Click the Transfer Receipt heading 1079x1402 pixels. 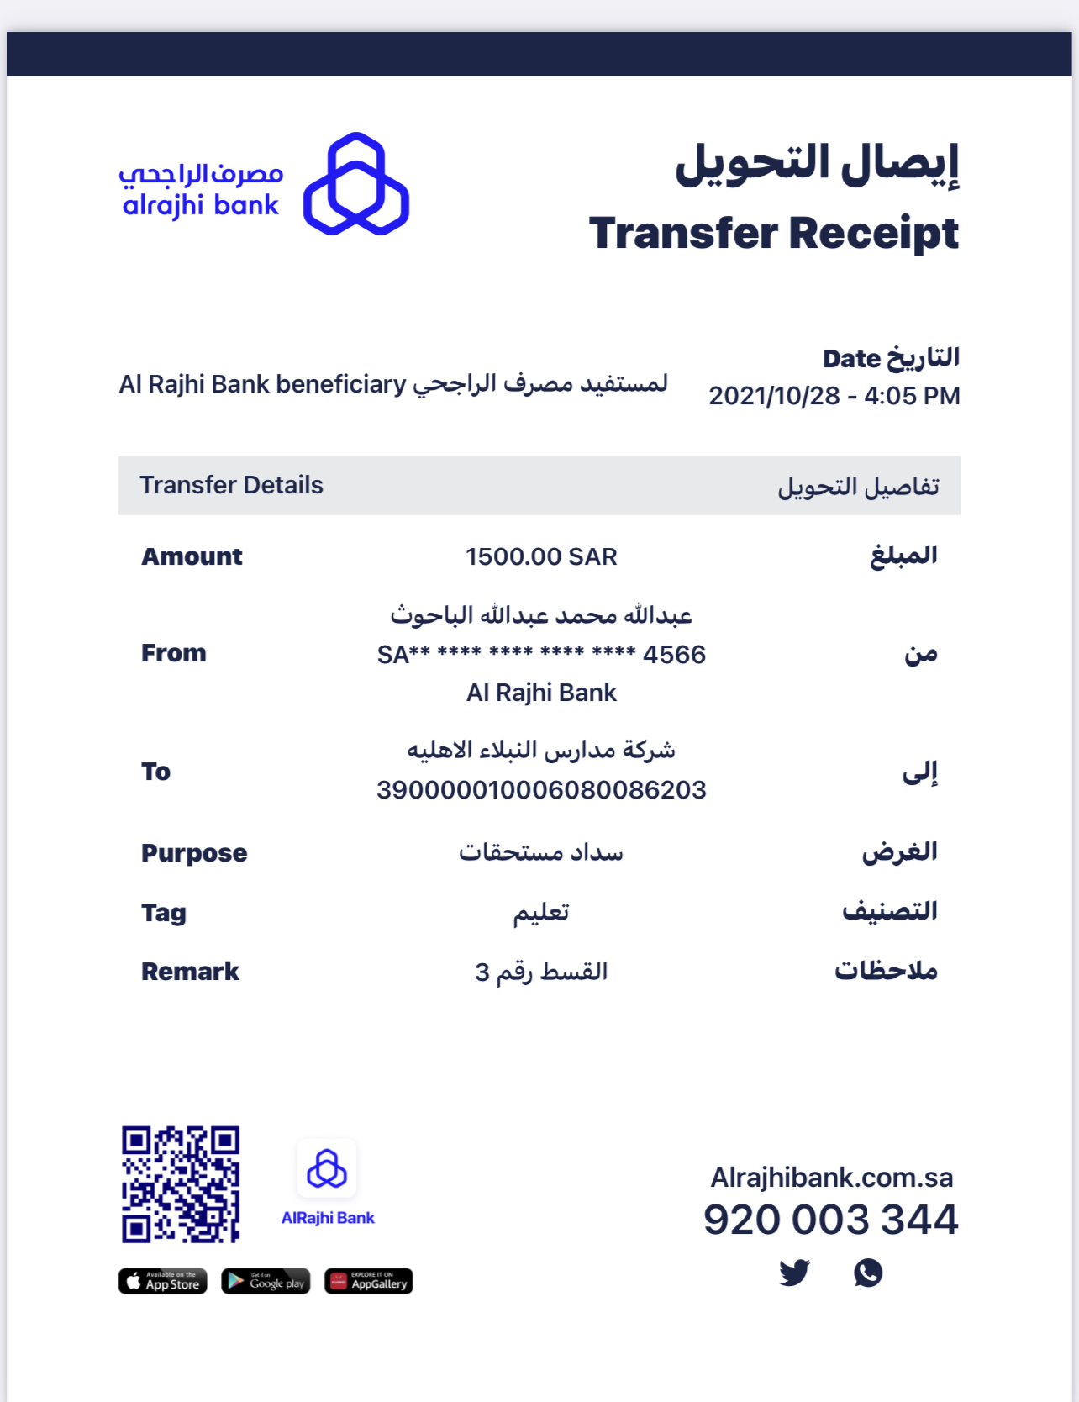click(773, 233)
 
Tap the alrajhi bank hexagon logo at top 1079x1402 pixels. click(356, 184)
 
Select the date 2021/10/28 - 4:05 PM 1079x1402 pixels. click(834, 396)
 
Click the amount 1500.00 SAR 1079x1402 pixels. click(541, 556)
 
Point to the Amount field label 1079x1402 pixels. click(192, 556)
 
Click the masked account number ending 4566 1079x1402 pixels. click(541, 655)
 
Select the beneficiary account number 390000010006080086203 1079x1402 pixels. click(541, 790)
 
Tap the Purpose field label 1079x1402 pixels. click(194, 853)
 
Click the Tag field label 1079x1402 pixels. click(164, 913)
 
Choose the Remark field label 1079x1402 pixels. click(190, 972)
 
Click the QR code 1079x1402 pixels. click(181, 1184)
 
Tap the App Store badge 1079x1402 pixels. click(163, 1281)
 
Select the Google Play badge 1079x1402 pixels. click(266, 1281)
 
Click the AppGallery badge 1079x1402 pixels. click(368, 1281)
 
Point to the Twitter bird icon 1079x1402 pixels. click(794, 1273)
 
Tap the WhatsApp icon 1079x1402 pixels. click(868, 1273)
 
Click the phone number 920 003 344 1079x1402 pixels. click(830, 1220)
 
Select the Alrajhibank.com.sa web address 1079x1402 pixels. click(832, 1178)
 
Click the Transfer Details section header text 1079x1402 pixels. click(231, 485)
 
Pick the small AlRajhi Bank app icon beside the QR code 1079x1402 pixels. click(327, 1169)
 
